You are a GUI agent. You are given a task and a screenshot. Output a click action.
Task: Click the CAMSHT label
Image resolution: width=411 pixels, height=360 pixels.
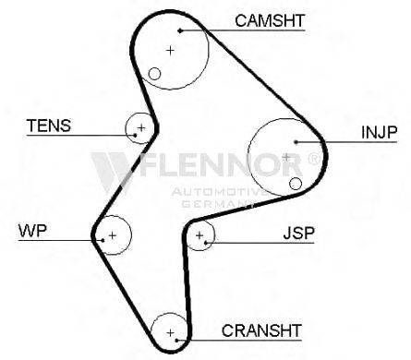click(270, 20)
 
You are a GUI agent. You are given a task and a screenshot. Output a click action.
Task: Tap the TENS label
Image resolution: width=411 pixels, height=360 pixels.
click(49, 126)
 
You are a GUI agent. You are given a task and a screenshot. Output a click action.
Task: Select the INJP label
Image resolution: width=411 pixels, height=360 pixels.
click(380, 132)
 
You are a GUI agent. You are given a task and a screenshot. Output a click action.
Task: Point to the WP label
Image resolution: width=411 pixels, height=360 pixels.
click(32, 231)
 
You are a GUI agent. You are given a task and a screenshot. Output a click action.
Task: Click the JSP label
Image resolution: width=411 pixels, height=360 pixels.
click(299, 234)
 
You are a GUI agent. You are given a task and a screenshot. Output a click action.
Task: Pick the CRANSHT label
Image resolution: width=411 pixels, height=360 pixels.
click(261, 330)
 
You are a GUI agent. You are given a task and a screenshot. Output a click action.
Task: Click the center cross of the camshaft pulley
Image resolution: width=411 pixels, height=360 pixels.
click(170, 50)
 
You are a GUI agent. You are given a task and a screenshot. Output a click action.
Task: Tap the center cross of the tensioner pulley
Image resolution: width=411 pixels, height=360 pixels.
click(141, 127)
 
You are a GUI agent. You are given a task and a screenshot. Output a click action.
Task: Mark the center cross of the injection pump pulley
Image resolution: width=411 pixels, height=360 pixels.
click(286, 158)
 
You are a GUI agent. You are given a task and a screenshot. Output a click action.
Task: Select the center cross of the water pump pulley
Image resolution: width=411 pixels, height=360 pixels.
click(113, 235)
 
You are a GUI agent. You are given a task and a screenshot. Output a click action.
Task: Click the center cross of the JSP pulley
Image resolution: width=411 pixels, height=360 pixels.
click(199, 235)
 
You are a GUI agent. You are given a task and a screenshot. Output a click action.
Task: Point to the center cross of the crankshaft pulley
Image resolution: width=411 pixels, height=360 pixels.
click(170, 332)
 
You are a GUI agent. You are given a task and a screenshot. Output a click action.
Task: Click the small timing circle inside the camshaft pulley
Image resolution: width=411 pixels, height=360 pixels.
click(154, 74)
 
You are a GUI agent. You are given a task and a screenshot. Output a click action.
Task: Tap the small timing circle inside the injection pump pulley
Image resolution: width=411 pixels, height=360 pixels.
click(296, 184)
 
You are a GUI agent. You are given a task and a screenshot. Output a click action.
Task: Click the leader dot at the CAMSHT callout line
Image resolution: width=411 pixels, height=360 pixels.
click(180, 30)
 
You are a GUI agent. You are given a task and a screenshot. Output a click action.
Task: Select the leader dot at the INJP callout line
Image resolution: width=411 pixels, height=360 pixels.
click(296, 142)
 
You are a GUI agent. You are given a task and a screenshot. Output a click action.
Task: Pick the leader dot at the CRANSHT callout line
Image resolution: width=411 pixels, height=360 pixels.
click(177, 341)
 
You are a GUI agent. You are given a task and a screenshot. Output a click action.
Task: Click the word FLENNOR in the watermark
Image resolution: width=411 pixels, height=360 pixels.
click(221, 164)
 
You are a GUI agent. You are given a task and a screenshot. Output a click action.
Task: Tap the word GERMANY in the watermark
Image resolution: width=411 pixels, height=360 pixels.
click(218, 204)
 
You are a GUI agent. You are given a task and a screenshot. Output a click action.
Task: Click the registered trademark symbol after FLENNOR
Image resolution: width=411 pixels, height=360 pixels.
click(314, 159)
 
